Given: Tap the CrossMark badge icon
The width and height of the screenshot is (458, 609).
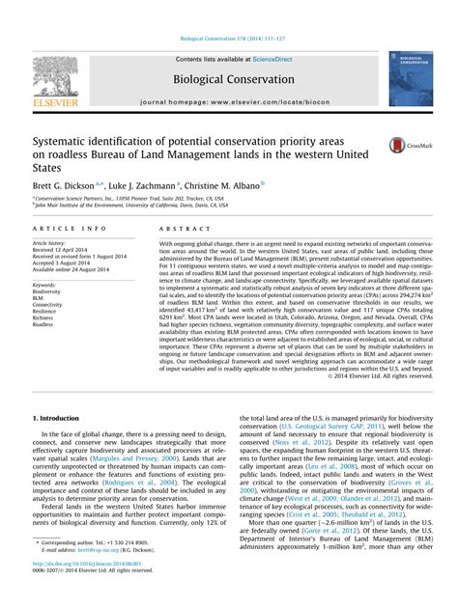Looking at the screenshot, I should tap(402, 146).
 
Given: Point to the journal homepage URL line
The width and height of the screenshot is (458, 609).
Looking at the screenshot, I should tap(228, 101).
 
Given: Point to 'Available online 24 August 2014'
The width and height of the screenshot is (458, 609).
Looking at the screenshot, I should tap(72, 270).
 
